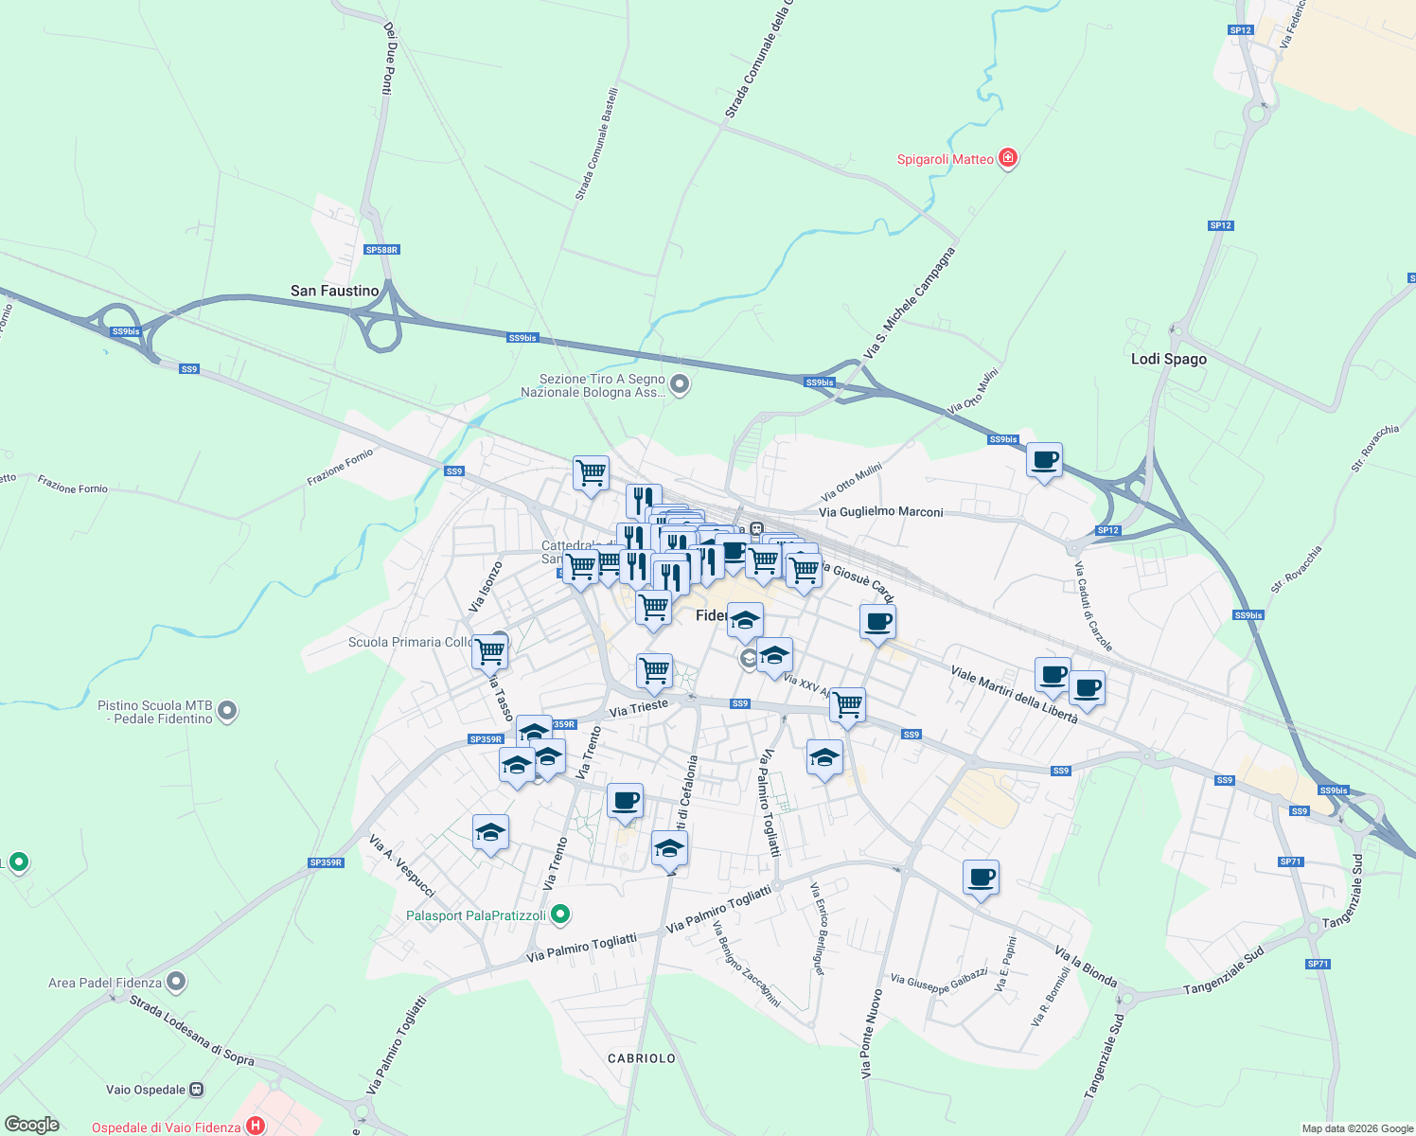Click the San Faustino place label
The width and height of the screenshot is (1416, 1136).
tap(334, 291)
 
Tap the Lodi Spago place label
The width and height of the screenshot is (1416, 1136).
tap(1169, 359)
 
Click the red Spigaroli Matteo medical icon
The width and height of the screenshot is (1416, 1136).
tap(1008, 158)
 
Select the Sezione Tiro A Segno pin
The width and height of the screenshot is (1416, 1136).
tap(680, 384)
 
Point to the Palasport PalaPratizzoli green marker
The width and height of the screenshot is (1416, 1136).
tap(560, 914)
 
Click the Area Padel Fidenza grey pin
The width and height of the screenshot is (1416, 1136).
tap(176, 982)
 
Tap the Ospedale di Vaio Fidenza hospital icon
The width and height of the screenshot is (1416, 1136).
tap(255, 1126)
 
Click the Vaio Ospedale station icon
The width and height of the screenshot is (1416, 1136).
tap(196, 1090)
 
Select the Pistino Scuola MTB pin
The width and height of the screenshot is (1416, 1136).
tap(226, 711)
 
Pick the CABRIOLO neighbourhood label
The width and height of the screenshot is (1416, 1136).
tap(642, 1058)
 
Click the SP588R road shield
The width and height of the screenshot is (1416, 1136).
tap(381, 250)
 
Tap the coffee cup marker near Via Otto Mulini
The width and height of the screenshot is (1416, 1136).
tap(1044, 461)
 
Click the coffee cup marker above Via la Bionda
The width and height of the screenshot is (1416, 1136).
tap(981, 878)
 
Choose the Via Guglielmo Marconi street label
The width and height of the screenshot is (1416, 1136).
tap(880, 512)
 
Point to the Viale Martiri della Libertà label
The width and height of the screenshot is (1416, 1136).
tap(1014, 695)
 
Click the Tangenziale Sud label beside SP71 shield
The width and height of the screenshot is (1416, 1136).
tap(1356, 891)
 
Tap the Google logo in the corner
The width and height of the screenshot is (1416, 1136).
tap(32, 1125)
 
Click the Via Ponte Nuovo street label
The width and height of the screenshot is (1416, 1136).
tap(871, 1034)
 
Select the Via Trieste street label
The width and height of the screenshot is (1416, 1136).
tap(639, 707)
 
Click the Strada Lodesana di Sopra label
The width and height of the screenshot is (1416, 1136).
tap(191, 1029)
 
